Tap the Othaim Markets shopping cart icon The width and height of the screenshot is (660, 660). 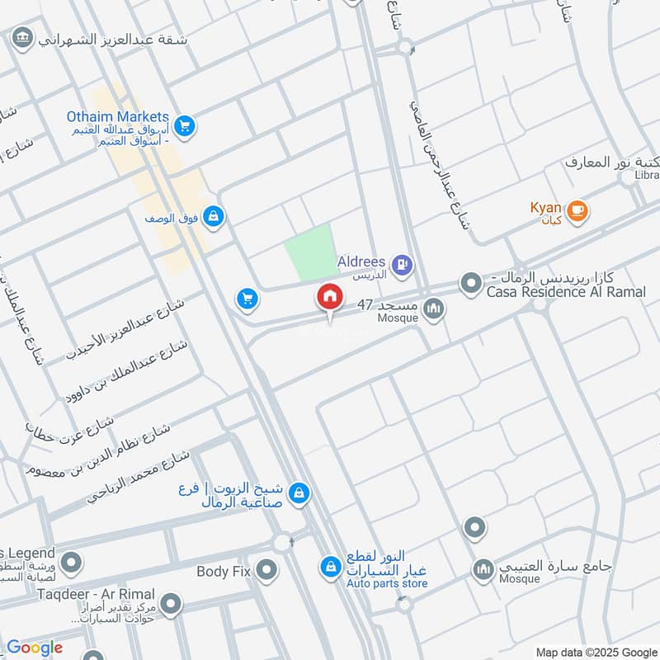[185, 125]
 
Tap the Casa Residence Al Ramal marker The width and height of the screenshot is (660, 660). [471, 285]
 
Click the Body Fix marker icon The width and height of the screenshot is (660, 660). [266, 569]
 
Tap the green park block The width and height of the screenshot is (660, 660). [312, 251]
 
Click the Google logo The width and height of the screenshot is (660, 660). [34, 648]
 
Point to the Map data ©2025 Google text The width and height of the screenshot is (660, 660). [596, 651]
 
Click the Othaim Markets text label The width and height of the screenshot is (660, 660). [118, 117]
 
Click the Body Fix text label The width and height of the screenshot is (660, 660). [224, 571]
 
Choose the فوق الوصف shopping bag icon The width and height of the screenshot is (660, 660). [214, 216]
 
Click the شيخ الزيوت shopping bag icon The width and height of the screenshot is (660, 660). [299, 493]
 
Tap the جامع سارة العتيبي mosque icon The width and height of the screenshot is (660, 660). [483, 569]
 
